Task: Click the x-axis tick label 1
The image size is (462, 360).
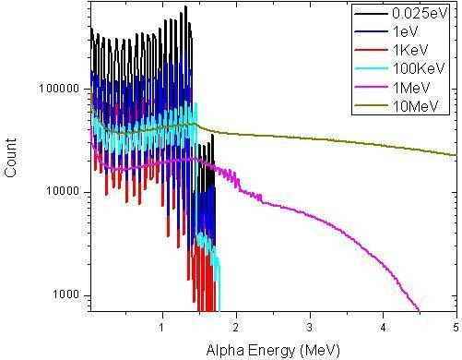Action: point(162,326)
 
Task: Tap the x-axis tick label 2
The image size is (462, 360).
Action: point(236,326)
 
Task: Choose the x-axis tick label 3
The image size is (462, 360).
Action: point(310,326)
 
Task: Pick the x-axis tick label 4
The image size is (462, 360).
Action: point(383,326)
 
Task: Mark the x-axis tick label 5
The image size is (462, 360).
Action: point(456,326)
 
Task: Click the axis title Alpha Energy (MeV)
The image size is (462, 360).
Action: point(273,349)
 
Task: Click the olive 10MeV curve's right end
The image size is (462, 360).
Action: point(456,155)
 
